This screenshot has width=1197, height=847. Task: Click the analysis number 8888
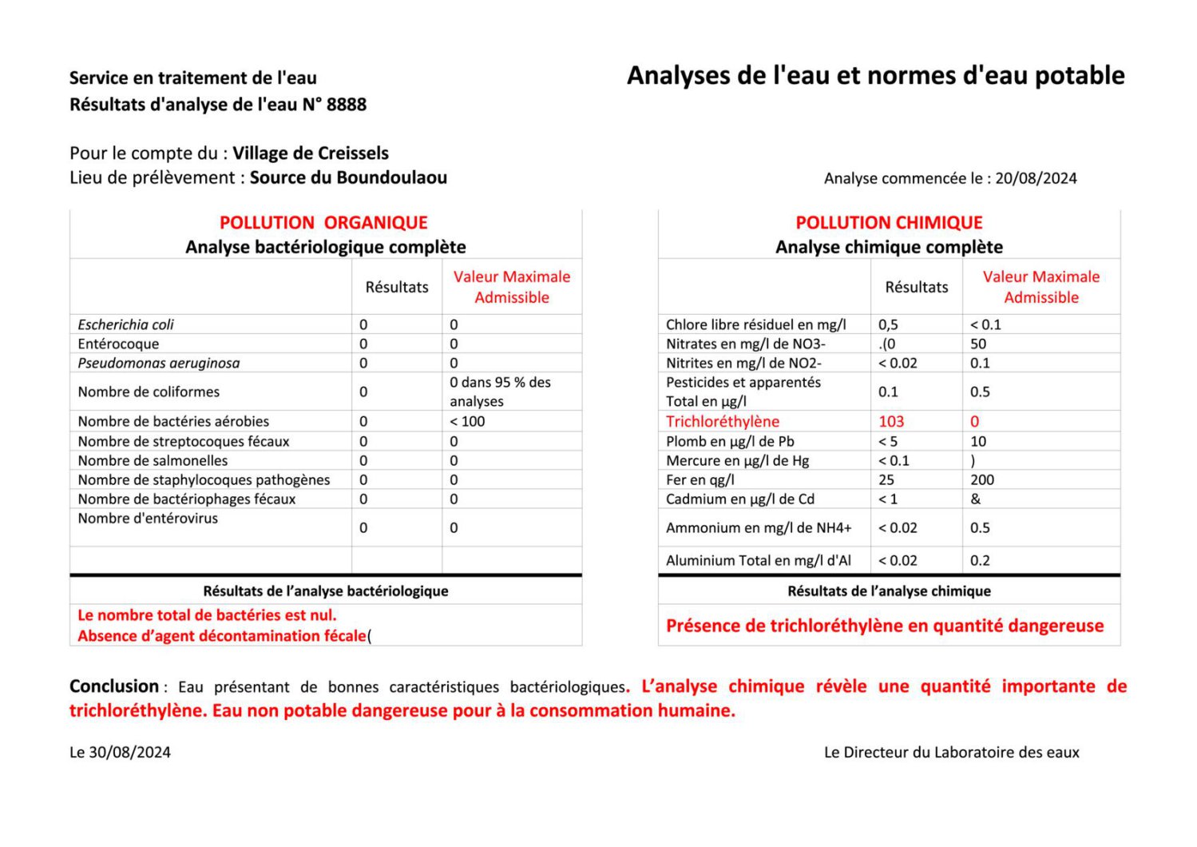tap(347, 105)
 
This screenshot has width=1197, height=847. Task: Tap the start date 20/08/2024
tap(1036, 178)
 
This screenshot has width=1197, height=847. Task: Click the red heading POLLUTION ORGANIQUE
tap(323, 223)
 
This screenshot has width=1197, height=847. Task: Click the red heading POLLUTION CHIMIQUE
tap(889, 223)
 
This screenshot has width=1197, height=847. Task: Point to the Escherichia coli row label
tap(125, 324)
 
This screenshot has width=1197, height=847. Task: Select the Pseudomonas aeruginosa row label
tap(158, 363)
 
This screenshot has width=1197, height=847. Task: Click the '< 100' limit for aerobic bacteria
tap(467, 421)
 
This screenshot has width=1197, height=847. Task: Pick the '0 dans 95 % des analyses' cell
tap(500, 392)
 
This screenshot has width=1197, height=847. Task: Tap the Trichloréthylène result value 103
tap(891, 421)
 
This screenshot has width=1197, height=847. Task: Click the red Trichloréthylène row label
tap(722, 421)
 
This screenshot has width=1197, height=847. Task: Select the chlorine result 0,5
tap(888, 324)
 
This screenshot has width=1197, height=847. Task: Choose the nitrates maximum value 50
tap(978, 344)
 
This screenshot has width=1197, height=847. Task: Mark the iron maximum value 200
tap(982, 479)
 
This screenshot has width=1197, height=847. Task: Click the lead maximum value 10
tap(978, 441)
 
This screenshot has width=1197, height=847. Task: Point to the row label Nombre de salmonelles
tap(153, 460)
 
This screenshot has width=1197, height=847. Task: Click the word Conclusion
tap(114, 686)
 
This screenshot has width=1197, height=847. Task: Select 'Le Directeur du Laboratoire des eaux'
tap(951, 752)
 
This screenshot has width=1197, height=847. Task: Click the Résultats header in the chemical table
tap(916, 287)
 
